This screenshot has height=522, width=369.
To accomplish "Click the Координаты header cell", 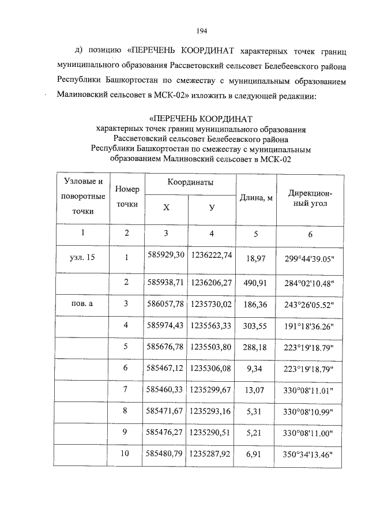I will click(190, 182).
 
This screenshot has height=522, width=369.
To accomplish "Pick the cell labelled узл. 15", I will click(82, 257).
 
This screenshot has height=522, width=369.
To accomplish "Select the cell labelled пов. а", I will click(82, 304).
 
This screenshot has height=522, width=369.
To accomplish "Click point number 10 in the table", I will click(126, 453).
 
